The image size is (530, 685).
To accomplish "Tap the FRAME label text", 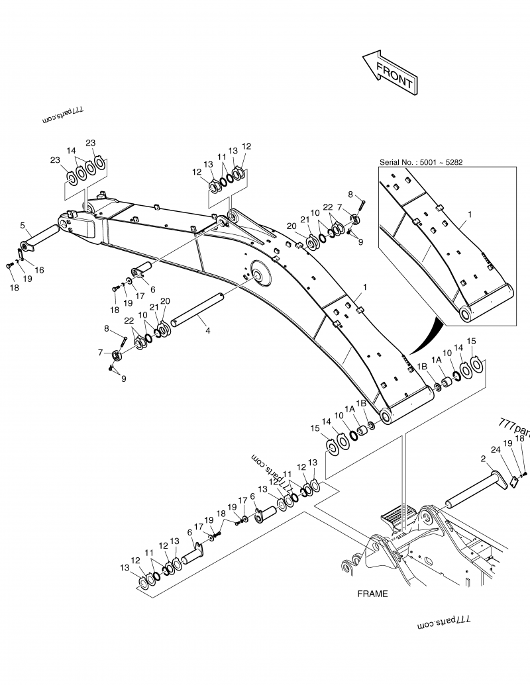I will point(372,594).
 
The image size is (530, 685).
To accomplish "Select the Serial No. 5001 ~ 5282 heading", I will point(416,161).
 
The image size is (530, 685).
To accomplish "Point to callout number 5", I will point(23,225).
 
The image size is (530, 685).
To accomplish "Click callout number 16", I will point(39,270).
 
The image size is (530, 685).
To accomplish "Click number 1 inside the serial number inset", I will point(470,214).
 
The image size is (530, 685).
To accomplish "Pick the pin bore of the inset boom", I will point(465,314).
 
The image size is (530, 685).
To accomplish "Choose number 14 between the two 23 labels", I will point(71,151).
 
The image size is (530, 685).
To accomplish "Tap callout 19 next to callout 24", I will point(507,443).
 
